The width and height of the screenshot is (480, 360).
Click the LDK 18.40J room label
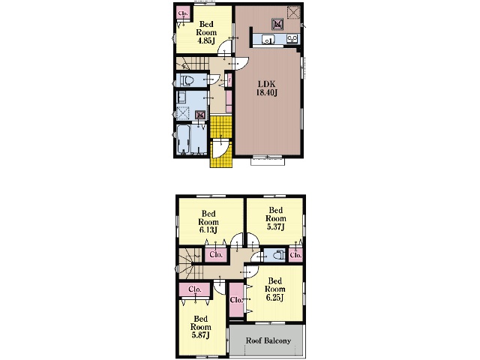point(267,88)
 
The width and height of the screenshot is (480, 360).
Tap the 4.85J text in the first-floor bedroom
point(205,40)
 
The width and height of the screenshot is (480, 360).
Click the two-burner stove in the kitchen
point(292,39)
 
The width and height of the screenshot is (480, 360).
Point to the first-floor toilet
point(187,80)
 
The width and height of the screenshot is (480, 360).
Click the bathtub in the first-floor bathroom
point(183,140)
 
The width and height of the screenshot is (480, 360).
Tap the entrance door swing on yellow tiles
point(220,148)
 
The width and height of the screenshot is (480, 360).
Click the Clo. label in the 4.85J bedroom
point(183,13)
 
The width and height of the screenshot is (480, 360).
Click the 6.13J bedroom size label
point(208,229)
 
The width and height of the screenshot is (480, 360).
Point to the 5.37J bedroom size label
point(275,226)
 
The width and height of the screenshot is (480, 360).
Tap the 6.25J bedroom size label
point(274,297)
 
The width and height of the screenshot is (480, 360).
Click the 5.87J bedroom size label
point(200,335)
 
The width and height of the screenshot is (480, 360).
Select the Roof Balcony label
point(268,340)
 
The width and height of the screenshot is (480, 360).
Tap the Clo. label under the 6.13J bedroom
point(216,254)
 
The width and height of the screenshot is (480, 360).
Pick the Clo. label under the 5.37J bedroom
point(295,255)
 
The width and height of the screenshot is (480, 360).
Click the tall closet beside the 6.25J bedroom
point(236,300)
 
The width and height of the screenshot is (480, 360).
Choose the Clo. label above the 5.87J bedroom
point(195,289)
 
